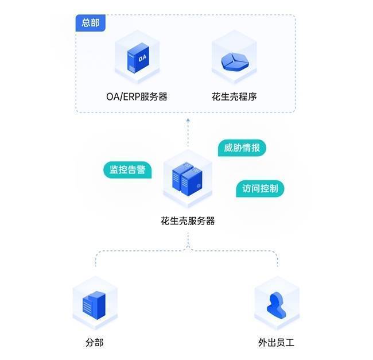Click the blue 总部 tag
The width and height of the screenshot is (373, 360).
(90, 24)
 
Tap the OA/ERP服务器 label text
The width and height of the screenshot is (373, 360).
(137, 96)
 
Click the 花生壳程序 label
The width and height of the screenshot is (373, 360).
(234, 96)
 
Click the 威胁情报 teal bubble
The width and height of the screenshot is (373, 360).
(242, 148)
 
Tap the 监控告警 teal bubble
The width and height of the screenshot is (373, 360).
(127, 170)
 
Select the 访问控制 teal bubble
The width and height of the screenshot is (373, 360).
(260, 188)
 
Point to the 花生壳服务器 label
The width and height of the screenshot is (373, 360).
(188, 220)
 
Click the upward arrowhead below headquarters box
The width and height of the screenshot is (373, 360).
(188, 121)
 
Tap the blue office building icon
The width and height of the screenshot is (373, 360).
(94, 304)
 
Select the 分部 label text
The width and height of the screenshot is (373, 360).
(94, 343)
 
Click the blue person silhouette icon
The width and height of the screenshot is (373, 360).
(277, 305)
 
